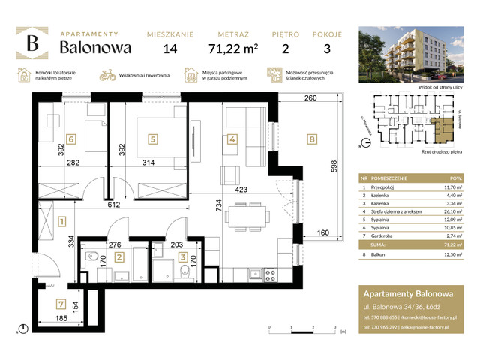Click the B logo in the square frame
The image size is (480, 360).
pyautogui.click(x=33, y=44)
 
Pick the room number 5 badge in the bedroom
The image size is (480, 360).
pyautogui.click(x=152, y=138)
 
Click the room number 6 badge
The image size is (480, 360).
pyautogui.click(x=71, y=138)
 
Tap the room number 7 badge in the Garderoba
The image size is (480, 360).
pyautogui.click(x=59, y=304)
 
